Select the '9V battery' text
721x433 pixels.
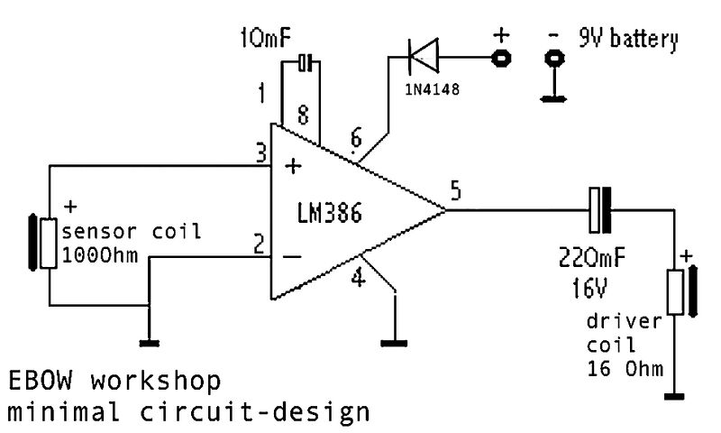627,40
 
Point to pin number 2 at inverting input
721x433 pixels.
260,244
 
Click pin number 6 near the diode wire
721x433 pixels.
356,139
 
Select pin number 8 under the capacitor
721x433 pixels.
303,115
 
